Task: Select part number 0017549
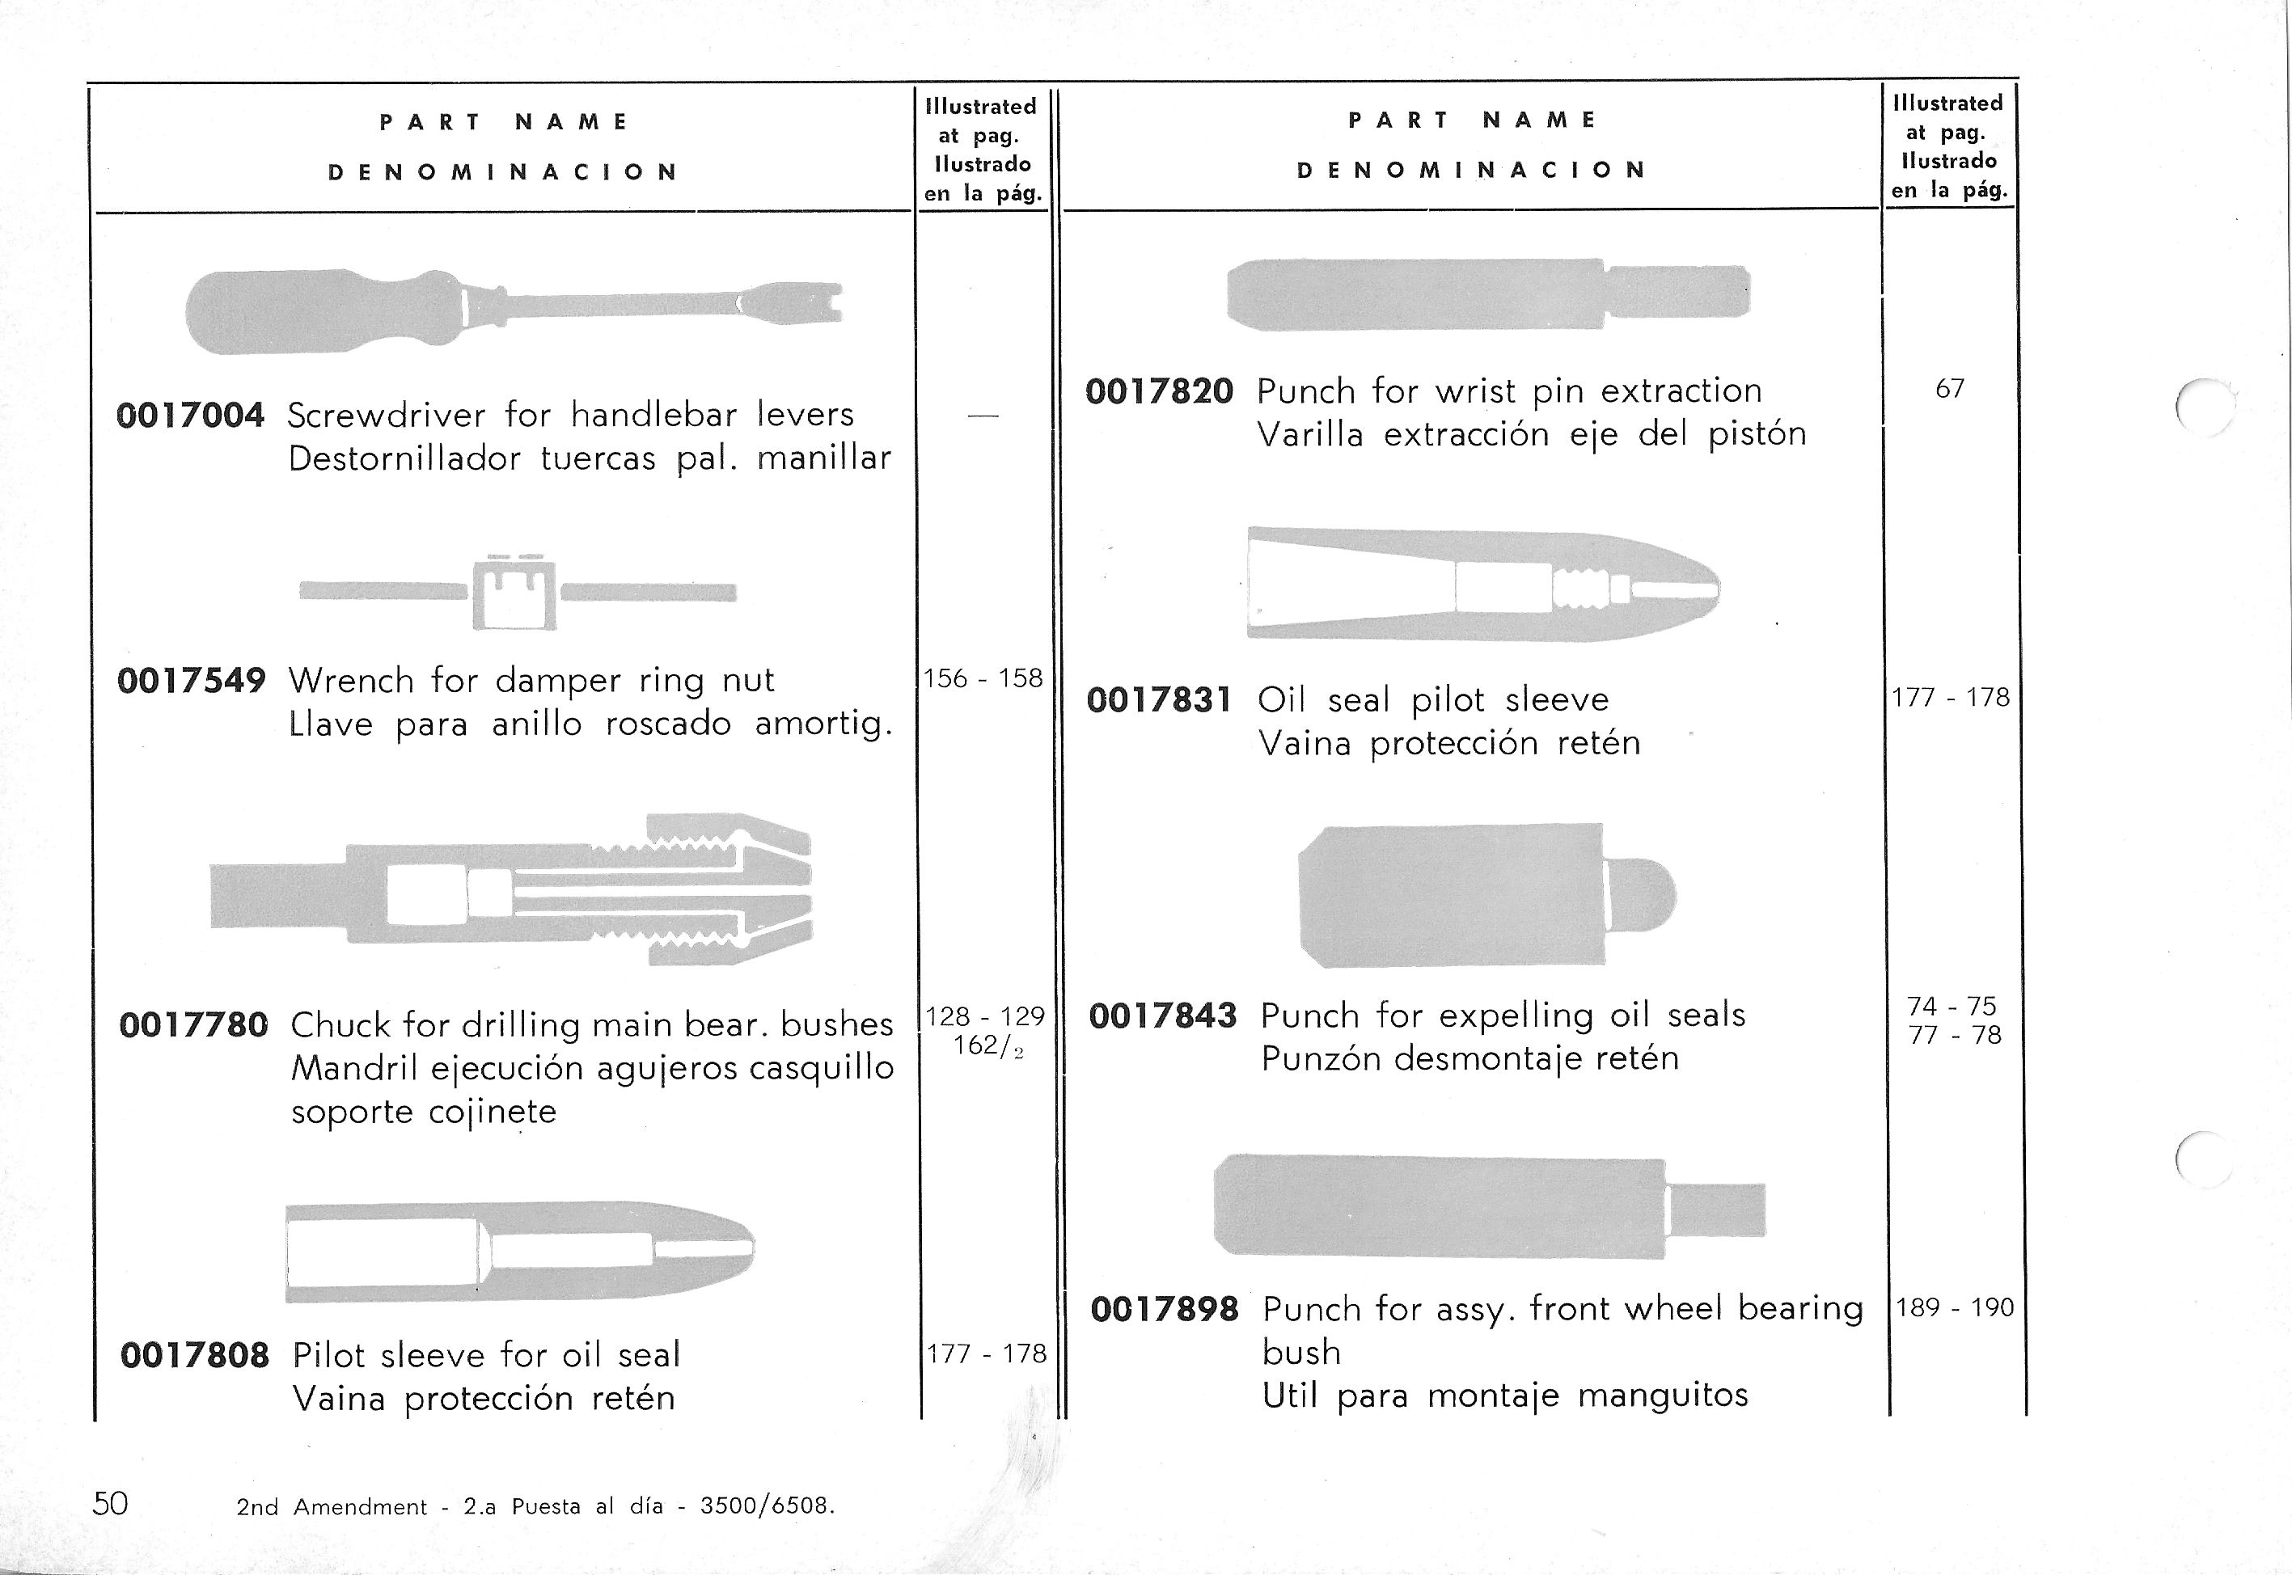[x=191, y=681]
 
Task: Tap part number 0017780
[x=192, y=1025]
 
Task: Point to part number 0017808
[x=194, y=1355]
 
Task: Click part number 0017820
[x=1159, y=392]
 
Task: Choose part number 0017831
[x=1160, y=701]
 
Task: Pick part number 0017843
[x=1163, y=1016]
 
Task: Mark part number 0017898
[x=1165, y=1310]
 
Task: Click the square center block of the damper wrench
[x=514, y=593]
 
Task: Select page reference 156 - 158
[x=982, y=679]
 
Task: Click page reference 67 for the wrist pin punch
[x=1949, y=389]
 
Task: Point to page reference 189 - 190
[x=1955, y=1307]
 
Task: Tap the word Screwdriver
[x=386, y=416]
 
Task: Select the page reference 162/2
[x=987, y=1046]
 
